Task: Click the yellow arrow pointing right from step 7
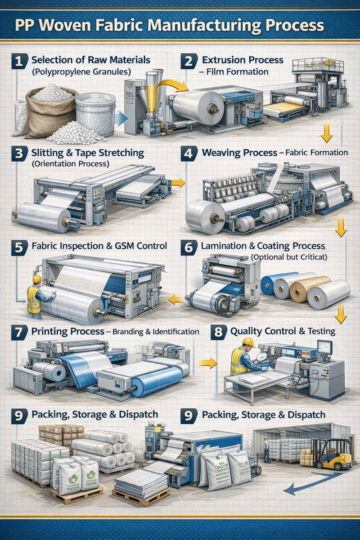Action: tap(207, 363)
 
